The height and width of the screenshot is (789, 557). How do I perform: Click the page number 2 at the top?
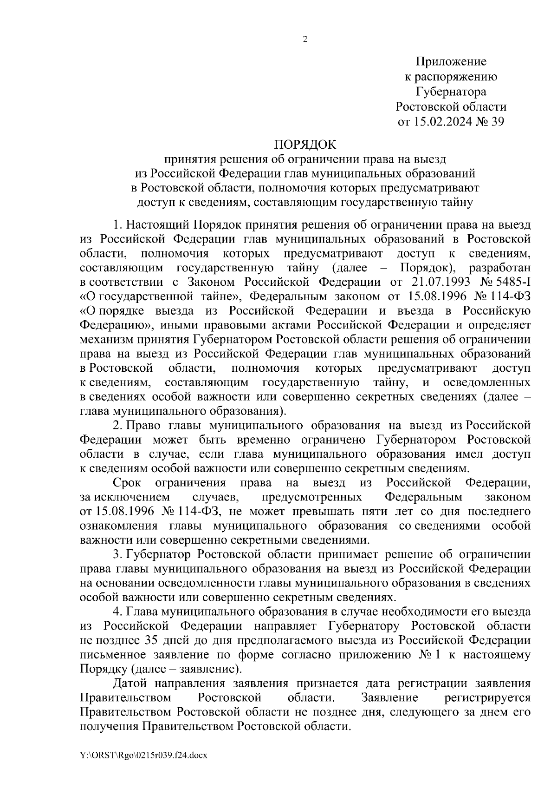pyautogui.click(x=305, y=40)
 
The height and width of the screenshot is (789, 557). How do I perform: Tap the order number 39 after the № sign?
pyautogui.click(x=496, y=122)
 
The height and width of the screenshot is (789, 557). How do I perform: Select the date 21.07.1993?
pyautogui.click(x=441, y=283)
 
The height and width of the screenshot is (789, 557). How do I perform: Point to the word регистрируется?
pyautogui.click(x=487, y=698)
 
